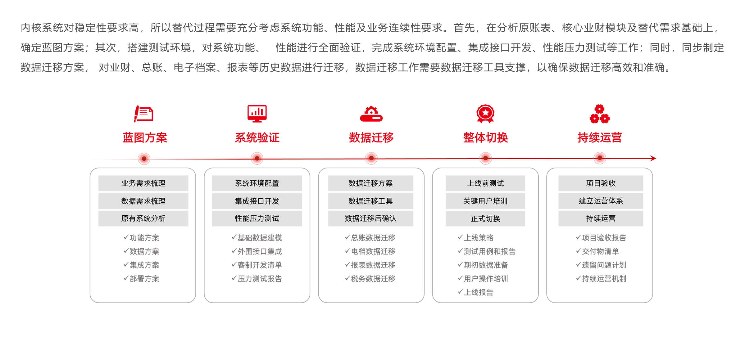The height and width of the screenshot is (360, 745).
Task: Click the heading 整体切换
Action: pos(485,137)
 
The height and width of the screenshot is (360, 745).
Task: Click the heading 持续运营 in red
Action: pos(600,137)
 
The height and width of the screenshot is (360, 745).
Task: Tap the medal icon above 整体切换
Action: pos(485,113)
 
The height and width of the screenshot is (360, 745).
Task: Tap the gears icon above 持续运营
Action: pos(600,114)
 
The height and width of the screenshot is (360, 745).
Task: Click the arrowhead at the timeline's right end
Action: pos(654,158)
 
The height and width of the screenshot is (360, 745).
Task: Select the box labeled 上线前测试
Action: pos(485,183)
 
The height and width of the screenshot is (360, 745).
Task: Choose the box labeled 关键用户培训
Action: pos(485,201)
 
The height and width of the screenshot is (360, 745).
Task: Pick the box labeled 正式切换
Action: pos(485,219)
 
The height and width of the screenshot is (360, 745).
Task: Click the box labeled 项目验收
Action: pos(601,183)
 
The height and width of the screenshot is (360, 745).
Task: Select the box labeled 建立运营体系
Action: pos(601,201)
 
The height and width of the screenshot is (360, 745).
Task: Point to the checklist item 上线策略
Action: pos(478,238)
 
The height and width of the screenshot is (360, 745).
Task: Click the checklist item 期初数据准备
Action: pos(486,265)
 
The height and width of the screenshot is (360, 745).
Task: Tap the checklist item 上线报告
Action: pos(478,292)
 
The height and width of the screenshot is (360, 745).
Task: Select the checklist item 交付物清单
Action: pos(600,251)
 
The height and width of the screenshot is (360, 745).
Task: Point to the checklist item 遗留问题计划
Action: pos(604,265)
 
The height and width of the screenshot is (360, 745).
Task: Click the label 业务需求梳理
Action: pos(143,183)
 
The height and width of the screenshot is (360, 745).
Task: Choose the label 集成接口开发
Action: pos(257,201)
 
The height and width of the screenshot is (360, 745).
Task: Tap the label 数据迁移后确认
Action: pos(370,218)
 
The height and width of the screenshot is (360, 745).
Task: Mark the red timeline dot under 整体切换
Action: pos(485,158)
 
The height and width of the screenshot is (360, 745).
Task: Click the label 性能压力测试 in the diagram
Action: pos(257,218)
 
